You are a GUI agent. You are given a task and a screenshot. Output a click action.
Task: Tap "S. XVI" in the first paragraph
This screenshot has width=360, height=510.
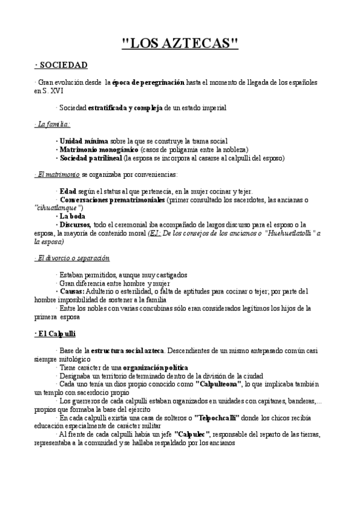(x=51, y=90)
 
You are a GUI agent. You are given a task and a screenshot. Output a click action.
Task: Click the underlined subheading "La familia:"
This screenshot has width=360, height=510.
(x=52, y=124)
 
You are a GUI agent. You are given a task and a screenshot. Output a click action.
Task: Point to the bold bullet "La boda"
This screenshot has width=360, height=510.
(x=72, y=216)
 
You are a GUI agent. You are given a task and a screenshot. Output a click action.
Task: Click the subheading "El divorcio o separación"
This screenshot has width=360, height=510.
(x=73, y=257)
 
